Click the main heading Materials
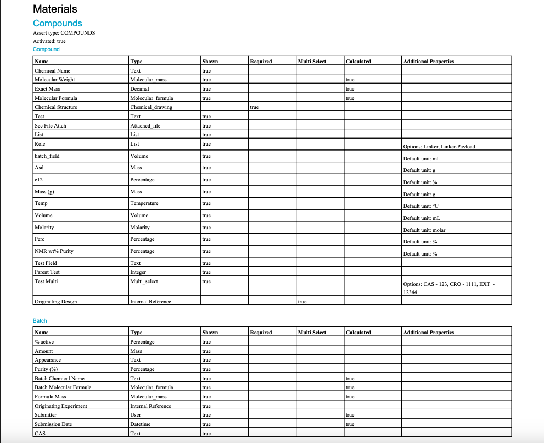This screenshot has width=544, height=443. tap(55, 9)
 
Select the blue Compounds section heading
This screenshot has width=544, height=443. tap(58, 23)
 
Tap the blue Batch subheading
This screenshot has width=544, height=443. tap(40, 320)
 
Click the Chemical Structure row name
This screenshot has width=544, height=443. tap(56, 107)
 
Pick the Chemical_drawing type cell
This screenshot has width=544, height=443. tap(151, 107)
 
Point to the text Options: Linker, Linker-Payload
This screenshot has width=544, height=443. tap(439, 147)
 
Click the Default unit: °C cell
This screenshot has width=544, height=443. tap(421, 206)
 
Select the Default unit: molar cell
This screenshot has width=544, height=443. tap(424, 230)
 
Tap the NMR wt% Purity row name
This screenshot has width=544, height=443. tap(54, 251)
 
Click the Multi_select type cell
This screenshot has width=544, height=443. tap(144, 281)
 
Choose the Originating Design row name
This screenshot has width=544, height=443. tap(56, 302)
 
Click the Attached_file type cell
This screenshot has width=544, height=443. tap(145, 125)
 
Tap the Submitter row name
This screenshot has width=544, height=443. tap(46, 415)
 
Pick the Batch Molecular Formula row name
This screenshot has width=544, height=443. tap(63, 387)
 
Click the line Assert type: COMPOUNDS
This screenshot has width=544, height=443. tap(64, 33)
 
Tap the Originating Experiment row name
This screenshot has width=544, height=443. tap(61, 406)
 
